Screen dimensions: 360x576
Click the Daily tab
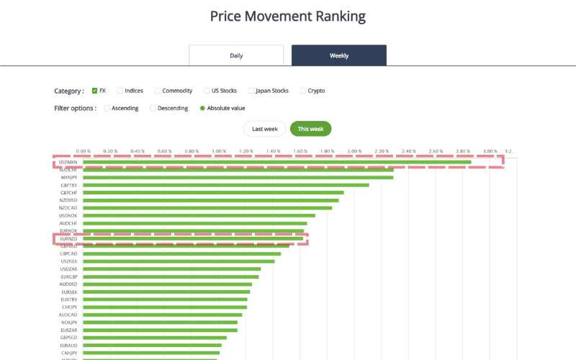point(236,55)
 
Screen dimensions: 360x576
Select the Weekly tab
point(338,55)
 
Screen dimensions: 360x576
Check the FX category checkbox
point(95,91)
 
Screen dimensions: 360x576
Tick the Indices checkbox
point(120,91)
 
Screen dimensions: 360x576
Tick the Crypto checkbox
point(303,91)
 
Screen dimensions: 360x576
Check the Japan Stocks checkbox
point(251,91)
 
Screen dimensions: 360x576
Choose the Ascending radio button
point(107,109)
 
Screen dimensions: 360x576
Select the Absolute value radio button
point(202,109)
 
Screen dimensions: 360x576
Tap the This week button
point(310,129)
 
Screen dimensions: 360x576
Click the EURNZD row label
point(69,238)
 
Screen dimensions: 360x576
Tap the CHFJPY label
point(69,307)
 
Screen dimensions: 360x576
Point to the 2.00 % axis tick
point(354,151)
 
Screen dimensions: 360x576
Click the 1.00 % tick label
point(218,151)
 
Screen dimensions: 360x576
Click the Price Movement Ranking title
point(288,16)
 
